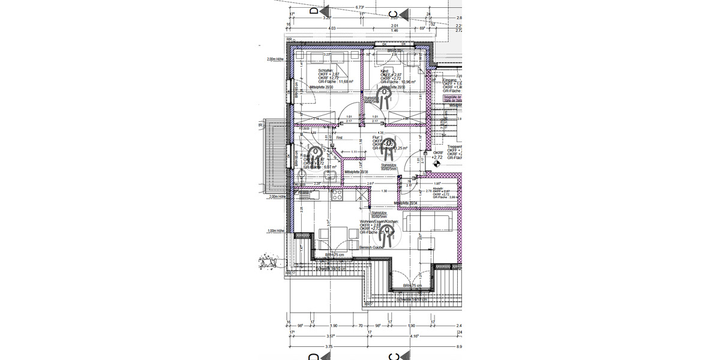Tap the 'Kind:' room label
pyautogui.click(x=386, y=70)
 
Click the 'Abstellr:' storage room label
pyautogui.click(x=439, y=188)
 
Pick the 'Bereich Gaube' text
pyautogui.click(x=371, y=247)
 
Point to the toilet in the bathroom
pyautogui.click(x=302, y=175)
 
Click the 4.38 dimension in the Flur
pyautogui.click(x=380, y=133)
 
